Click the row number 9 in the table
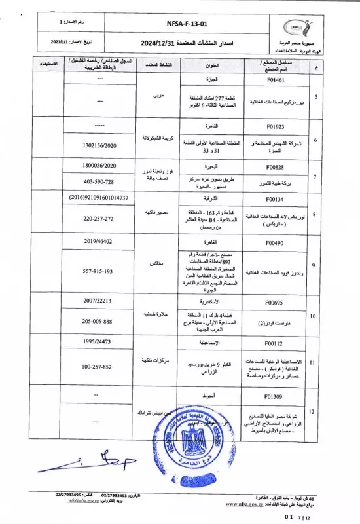[317, 265]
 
